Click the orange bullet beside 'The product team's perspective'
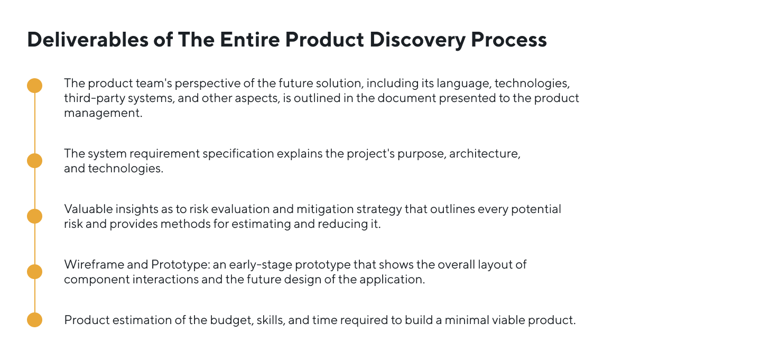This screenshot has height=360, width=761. tap(34, 86)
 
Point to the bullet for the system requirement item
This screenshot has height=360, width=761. tap(34, 161)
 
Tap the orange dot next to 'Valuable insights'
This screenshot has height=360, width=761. tap(34, 216)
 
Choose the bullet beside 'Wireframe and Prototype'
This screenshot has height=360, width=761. tap(34, 272)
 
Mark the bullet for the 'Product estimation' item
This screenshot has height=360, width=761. tap(34, 320)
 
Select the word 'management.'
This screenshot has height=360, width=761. tap(103, 113)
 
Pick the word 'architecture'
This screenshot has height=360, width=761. tap(485, 154)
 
